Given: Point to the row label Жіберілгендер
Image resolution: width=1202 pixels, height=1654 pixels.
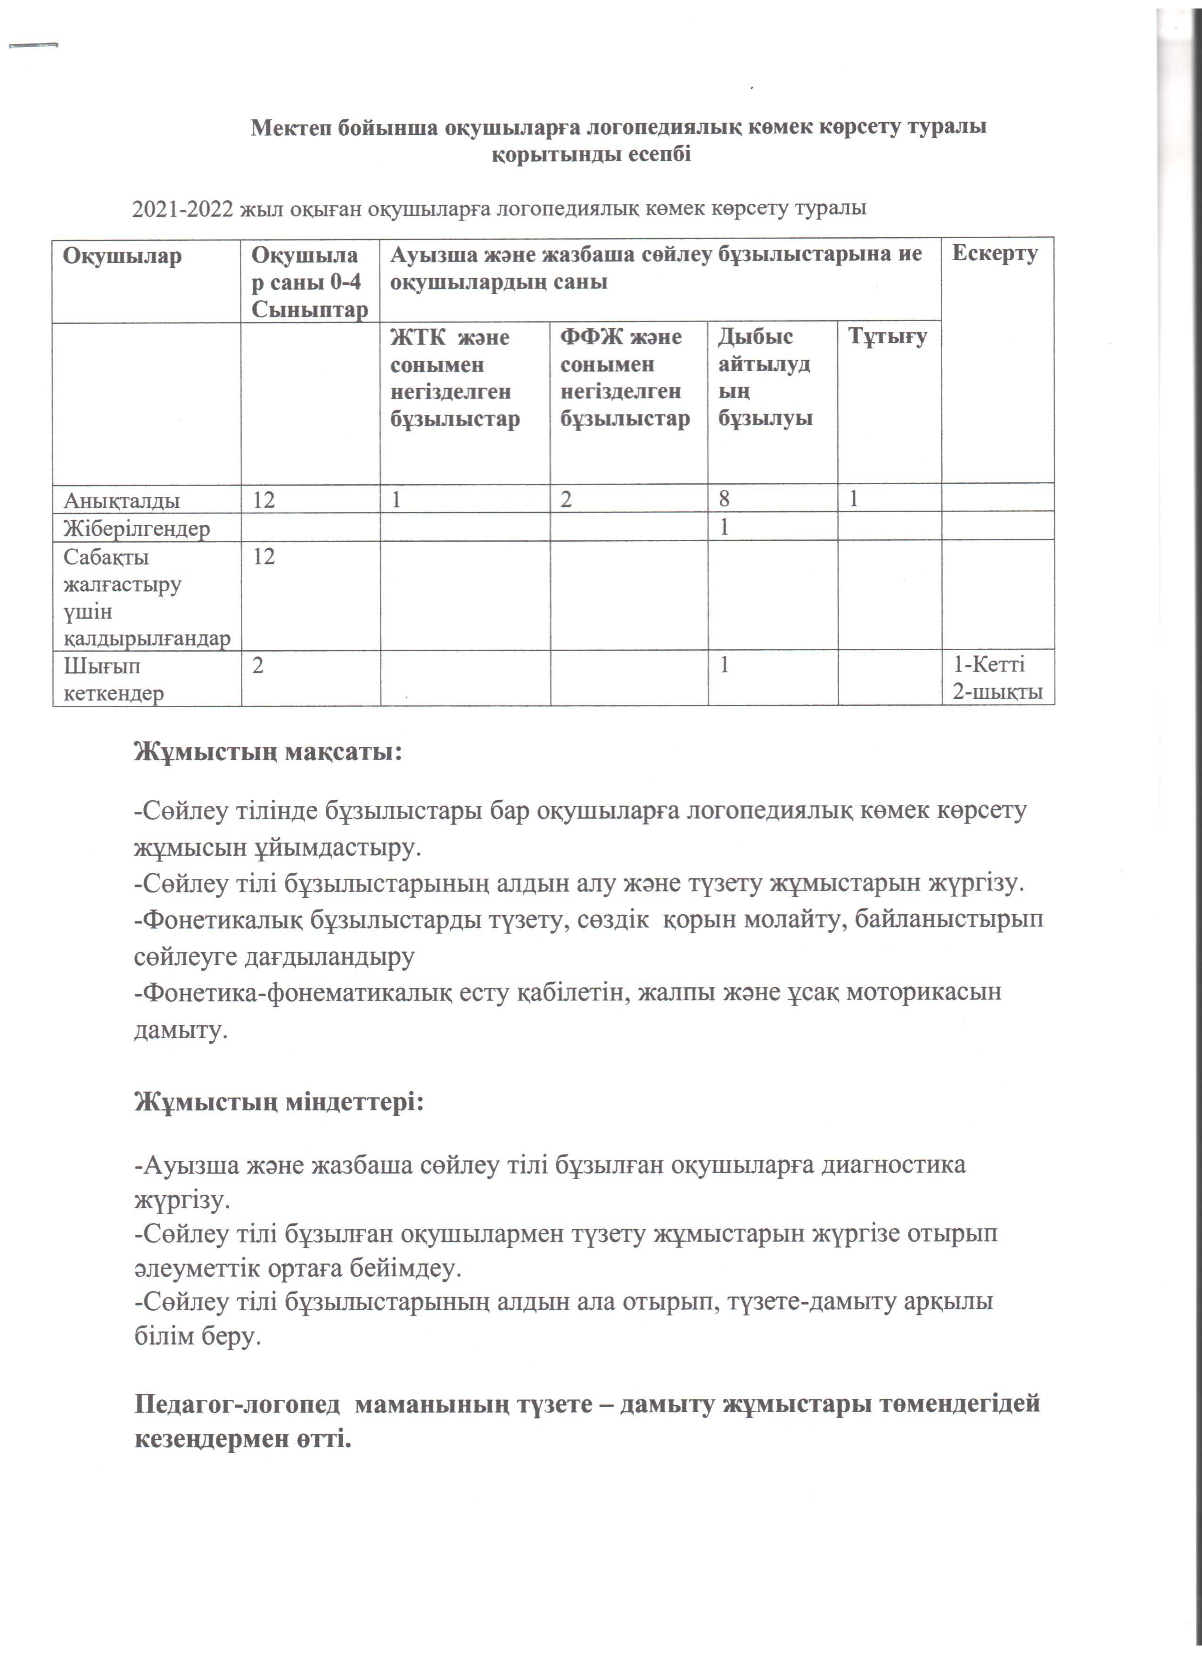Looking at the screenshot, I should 136,528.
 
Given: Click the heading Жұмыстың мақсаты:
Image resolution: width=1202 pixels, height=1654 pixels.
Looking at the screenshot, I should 268,751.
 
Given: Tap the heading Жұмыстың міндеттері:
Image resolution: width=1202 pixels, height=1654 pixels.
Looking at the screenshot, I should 279,1101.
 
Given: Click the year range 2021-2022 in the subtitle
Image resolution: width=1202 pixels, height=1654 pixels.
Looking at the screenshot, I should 183,209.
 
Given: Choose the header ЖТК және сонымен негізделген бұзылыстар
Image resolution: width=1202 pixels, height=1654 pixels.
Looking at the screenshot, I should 455,378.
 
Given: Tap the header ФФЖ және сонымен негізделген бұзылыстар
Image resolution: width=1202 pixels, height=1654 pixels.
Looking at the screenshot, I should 625,378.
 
